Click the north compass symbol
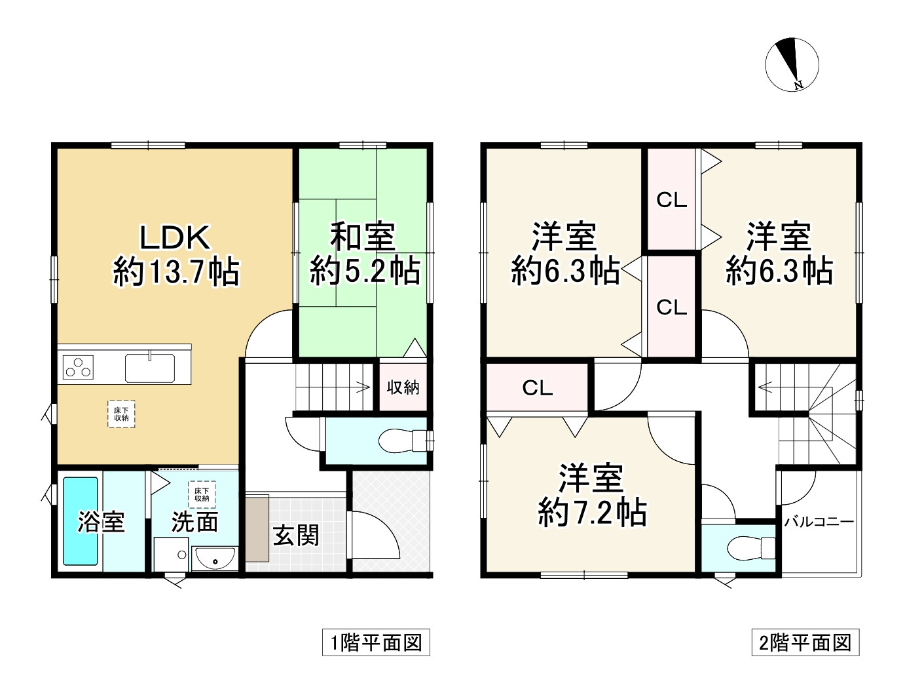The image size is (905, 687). tap(791, 65)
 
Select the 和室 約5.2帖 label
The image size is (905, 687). tap(364, 254)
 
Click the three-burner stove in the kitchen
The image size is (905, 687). tap(78, 367)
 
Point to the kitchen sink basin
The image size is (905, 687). tap(150, 368)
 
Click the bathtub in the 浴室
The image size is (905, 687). tap(80, 521)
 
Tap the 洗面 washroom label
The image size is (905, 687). tap(194, 522)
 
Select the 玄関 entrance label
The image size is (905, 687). tap(295, 536)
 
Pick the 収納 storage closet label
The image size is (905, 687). tap(403, 387)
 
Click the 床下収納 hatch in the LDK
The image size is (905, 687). tap(121, 414)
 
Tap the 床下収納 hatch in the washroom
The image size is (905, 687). tap(202, 494)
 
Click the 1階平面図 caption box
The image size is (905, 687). tap(376, 643)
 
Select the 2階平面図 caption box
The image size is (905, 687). tap(805, 643)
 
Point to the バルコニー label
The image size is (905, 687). tap(819, 522)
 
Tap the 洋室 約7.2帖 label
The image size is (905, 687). tap(591, 496)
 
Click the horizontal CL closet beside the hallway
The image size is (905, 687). tap(537, 387)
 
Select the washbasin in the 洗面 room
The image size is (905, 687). tap(215, 559)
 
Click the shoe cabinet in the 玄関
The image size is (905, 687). tap(257, 530)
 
